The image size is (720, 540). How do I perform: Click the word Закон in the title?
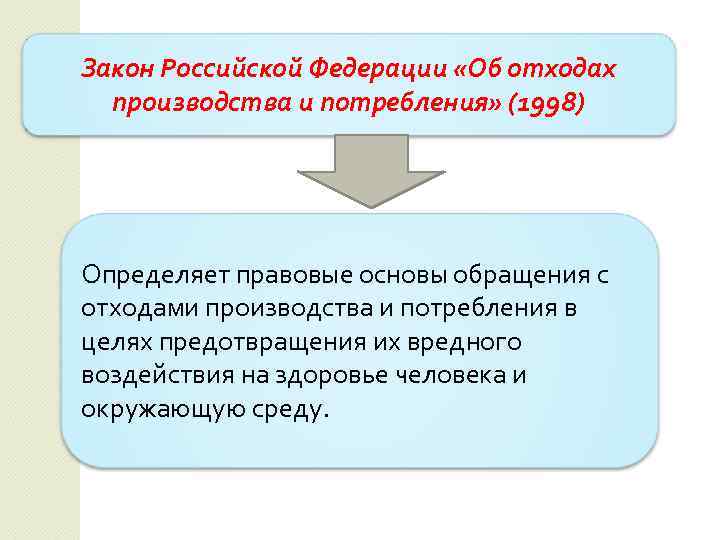coord(117,69)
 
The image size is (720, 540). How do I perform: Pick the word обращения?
coord(518,274)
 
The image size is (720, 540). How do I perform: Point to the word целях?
coord(112,342)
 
